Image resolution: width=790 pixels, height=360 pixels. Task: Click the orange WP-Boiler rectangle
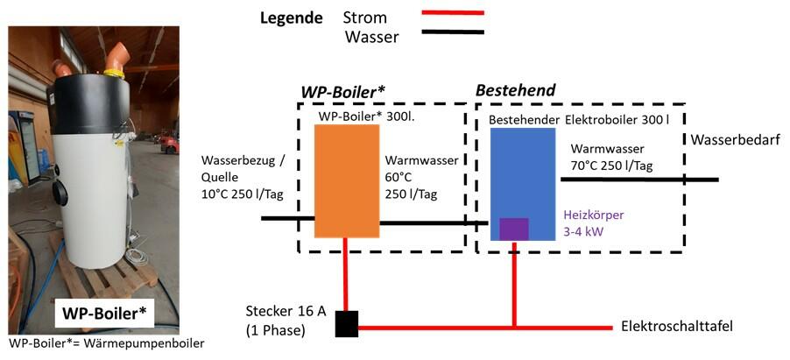[347, 180]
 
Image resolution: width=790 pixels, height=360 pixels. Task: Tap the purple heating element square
[513, 229]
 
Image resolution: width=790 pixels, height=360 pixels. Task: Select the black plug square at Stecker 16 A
[347, 324]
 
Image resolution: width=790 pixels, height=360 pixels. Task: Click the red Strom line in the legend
[452, 13]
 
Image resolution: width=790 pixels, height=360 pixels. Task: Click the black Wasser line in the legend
[452, 32]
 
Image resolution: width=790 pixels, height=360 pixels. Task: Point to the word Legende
[293, 18]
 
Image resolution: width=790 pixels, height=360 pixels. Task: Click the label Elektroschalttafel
[676, 327]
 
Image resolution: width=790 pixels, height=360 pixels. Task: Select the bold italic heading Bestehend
[515, 90]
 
